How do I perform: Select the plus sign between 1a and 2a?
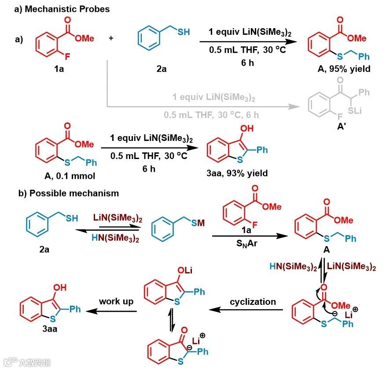pyautogui.click(x=110, y=38)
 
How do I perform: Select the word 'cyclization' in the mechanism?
pyautogui.click(x=253, y=302)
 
